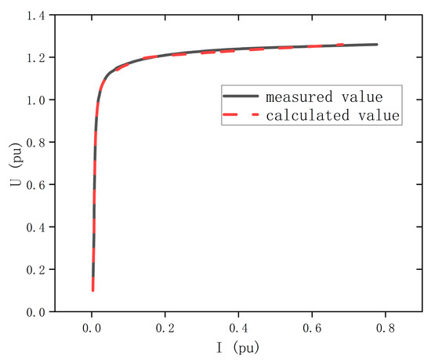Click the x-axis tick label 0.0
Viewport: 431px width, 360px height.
[x=92, y=326]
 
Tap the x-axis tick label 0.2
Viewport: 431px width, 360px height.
[x=166, y=326]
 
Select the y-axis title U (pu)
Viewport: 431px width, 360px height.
[x=13, y=163]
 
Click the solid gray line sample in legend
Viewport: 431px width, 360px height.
[x=240, y=97]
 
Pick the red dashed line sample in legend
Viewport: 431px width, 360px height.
[x=240, y=115]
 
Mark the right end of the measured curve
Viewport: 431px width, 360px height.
[x=377, y=45]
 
